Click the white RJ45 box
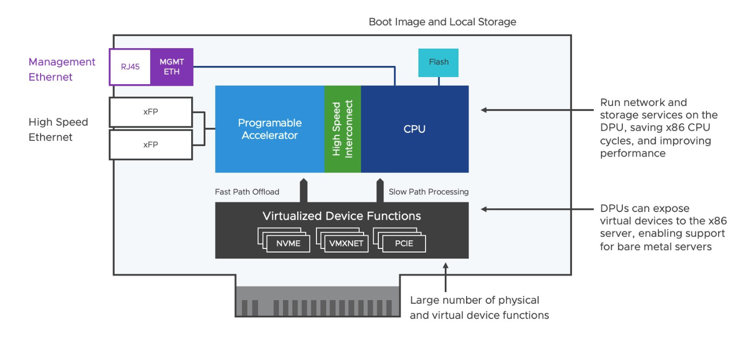(x=130, y=67)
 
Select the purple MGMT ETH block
(x=171, y=67)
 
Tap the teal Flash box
(x=438, y=62)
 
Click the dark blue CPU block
(x=414, y=129)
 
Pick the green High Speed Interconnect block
(x=342, y=129)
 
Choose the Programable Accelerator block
(x=270, y=129)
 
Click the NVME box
(x=288, y=243)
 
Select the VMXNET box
(x=346, y=243)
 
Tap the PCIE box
(x=404, y=243)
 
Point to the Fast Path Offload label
(x=247, y=192)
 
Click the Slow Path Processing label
(x=429, y=192)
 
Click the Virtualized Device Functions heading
(x=341, y=216)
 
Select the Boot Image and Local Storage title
(x=442, y=22)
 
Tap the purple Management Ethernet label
(x=61, y=69)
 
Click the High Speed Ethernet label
(x=58, y=129)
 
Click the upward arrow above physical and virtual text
(x=445, y=276)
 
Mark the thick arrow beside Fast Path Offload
(x=303, y=190)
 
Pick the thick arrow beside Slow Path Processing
(x=379, y=190)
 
